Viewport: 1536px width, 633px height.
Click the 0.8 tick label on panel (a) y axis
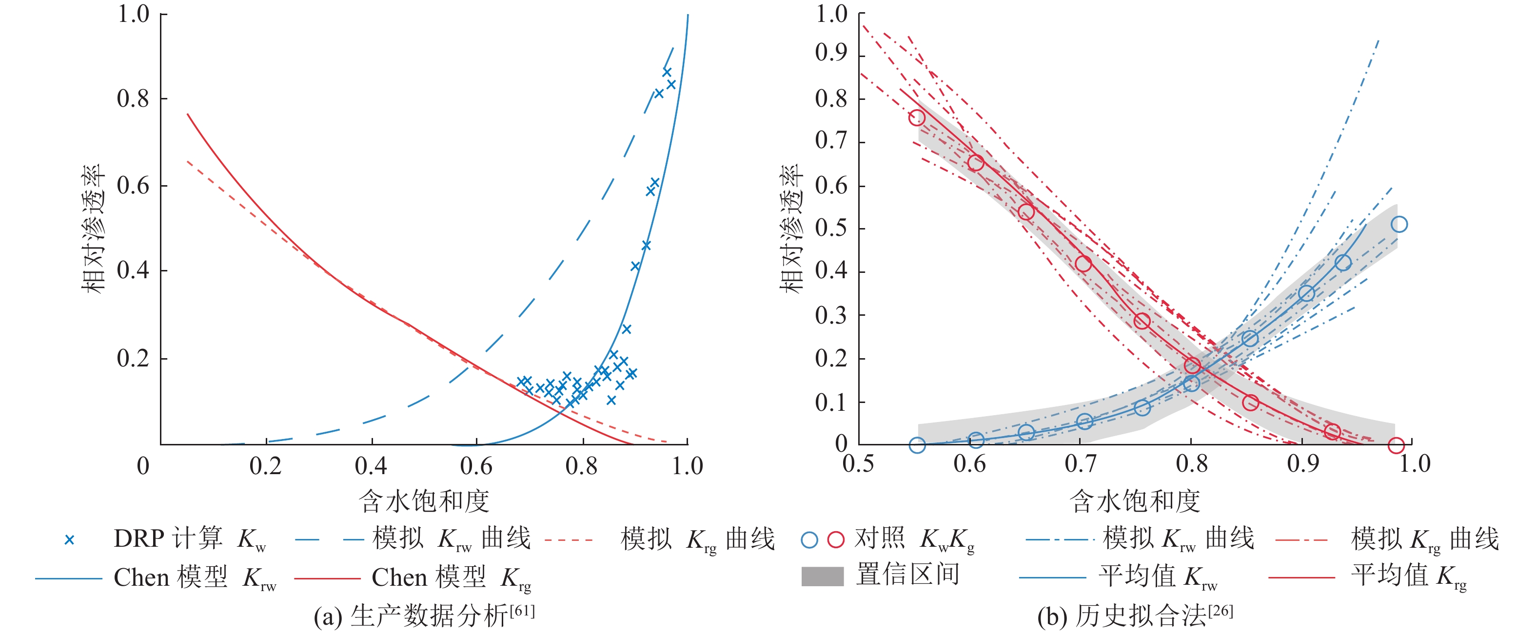(132, 99)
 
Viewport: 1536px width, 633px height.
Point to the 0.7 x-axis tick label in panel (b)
(1081, 463)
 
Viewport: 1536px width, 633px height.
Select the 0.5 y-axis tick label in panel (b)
(831, 228)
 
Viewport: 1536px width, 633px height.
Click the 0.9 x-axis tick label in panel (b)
(1303, 463)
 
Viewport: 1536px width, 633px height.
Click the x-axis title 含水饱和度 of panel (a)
(424, 500)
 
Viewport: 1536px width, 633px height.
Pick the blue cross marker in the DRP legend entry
(69, 540)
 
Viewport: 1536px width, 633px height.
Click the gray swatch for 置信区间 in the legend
(822, 576)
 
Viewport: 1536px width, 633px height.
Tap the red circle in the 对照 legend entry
(836, 540)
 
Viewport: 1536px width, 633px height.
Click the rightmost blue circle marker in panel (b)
(1399, 224)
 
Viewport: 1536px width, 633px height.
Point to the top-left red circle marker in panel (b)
(917, 117)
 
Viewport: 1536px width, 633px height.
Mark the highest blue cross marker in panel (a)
(667, 72)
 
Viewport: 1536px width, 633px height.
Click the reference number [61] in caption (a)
(522, 611)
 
